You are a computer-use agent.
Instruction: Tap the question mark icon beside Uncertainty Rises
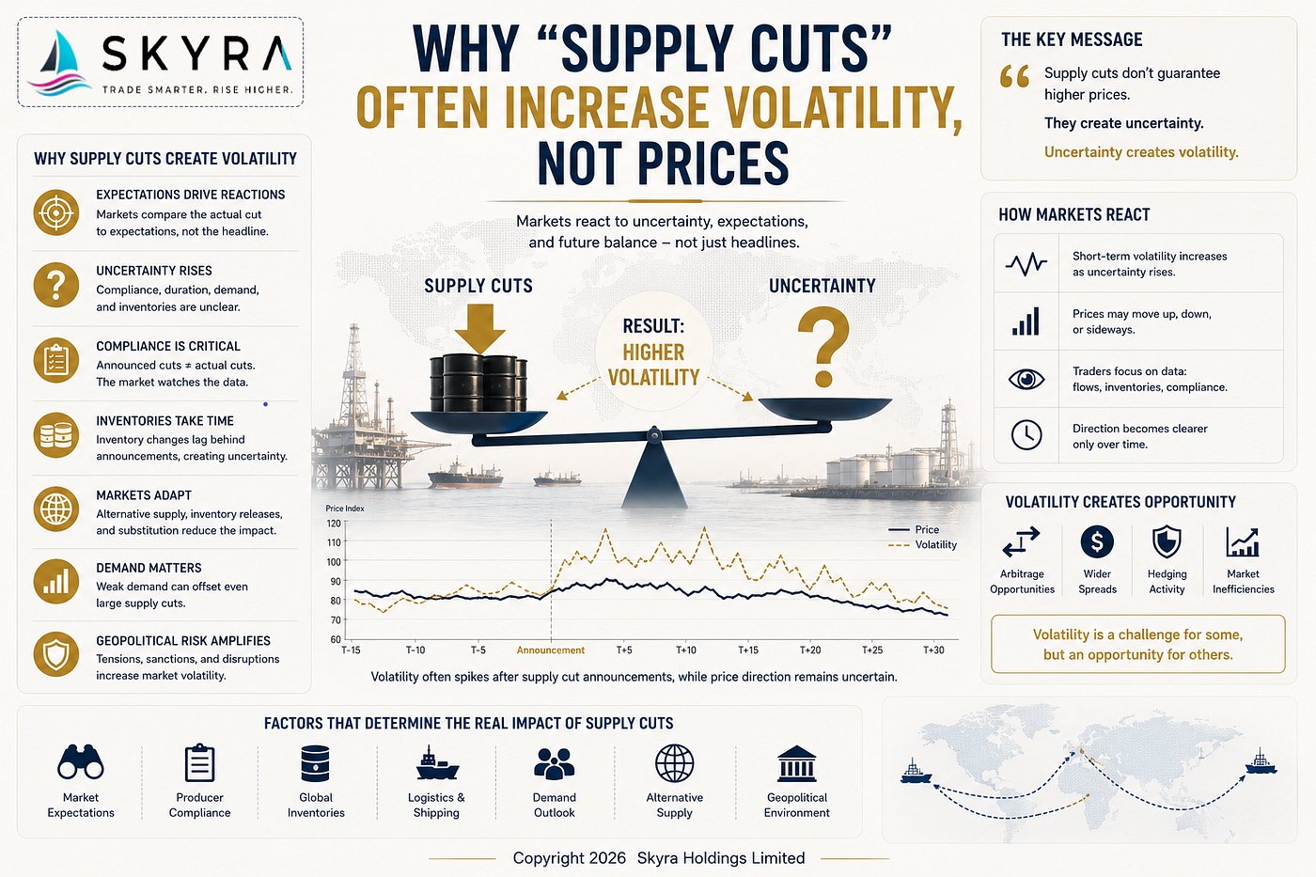coord(55,286)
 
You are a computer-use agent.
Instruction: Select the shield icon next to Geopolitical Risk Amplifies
coord(55,654)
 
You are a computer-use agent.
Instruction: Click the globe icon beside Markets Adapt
coord(55,509)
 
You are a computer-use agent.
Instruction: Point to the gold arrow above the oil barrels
coord(479,329)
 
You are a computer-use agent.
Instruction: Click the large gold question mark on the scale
coord(823,347)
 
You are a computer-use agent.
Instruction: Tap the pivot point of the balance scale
coord(654,435)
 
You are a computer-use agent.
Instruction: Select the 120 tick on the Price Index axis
coord(334,524)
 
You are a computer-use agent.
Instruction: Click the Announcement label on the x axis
coord(551,650)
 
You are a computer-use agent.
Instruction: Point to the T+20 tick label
coord(810,650)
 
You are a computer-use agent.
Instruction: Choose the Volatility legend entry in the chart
coord(922,545)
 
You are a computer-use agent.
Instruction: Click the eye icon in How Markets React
coord(1026,379)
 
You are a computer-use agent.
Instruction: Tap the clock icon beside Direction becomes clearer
coord(1026,435)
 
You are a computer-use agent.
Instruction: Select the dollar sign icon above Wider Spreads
coord(1097,541)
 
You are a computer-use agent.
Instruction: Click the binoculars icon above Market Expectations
coord(81,762)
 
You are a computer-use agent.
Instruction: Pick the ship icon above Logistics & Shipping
coord(436,763)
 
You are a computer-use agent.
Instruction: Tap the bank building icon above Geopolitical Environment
coord(797,763)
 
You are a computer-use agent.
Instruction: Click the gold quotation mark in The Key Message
coord(1014,77)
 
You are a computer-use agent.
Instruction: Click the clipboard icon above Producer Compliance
coord(199,763)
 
